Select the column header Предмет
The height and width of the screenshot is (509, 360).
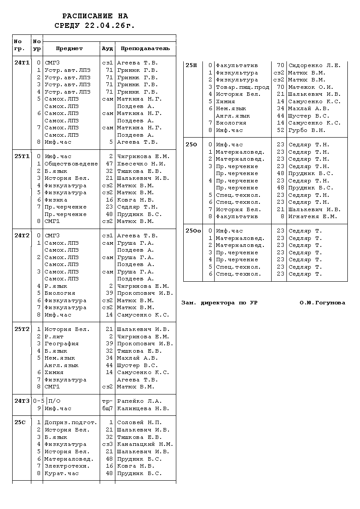tap(69, 49)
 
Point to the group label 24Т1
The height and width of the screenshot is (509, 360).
tap(22, 63)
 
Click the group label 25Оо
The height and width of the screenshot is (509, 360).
tap(193, 231)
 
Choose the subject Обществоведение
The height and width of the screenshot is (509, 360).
tap(71, 164)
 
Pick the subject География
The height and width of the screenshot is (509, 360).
tap(61, 344)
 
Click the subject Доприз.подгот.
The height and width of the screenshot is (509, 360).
tap(71, 422)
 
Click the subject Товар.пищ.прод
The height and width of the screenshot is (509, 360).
tap(242, 87)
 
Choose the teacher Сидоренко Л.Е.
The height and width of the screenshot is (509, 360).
tap(314, 65)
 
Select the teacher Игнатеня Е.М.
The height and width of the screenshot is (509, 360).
tap(313, 216)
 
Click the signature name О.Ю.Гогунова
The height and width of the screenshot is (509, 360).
tap(322, 303)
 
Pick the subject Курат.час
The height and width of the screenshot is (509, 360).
tap(61, 473)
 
